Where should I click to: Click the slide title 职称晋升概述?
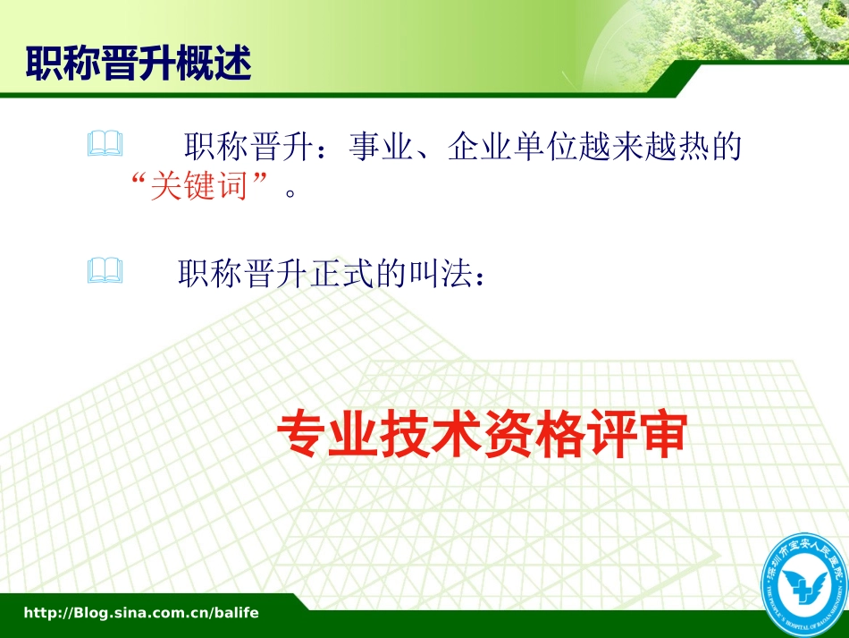click(138, 64)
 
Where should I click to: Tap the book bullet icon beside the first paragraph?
click(105, 145)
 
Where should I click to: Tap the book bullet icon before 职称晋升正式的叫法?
click(105, 271)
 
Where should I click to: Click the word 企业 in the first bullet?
click(479, 146)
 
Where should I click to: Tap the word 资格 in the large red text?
click(533, 435)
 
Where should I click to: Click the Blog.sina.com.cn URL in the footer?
click(140, 613)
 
